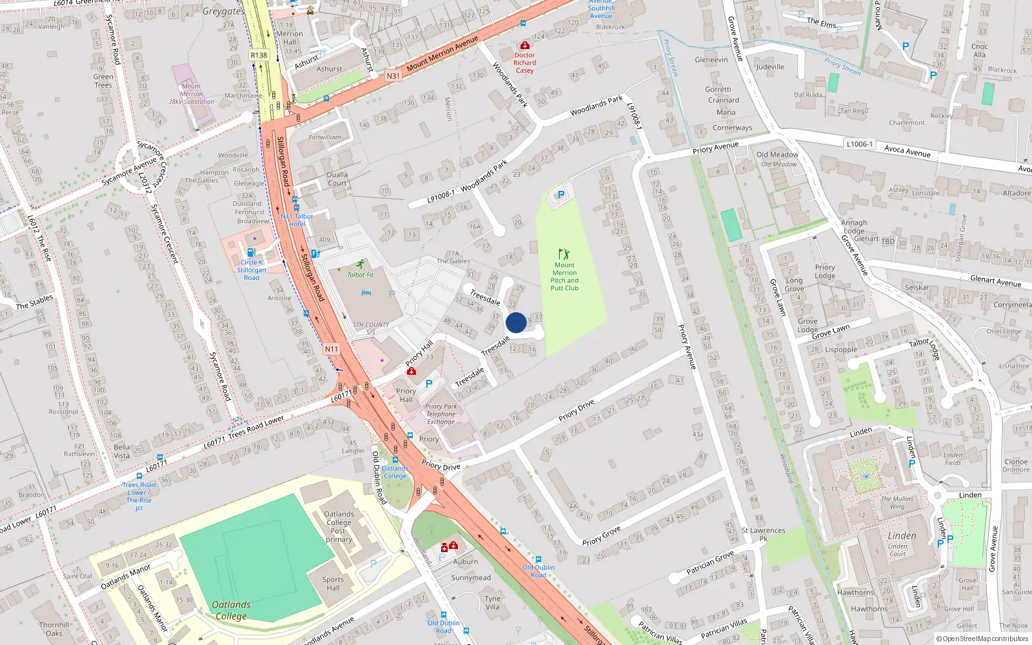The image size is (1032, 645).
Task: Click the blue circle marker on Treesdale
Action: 516,322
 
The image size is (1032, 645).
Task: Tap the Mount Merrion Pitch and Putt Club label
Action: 564,277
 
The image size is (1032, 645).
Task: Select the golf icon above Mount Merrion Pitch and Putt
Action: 564,254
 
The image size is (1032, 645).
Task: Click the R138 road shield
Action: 259,55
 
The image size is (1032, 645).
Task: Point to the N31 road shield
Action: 393,75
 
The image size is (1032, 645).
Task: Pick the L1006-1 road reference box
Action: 859,144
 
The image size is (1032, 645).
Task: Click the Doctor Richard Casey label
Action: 524,63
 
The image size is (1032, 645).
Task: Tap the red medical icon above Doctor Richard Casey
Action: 525,46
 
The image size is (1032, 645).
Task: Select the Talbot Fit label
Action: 360,275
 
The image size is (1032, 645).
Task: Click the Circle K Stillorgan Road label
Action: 252,270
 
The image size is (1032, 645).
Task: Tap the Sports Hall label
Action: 333,584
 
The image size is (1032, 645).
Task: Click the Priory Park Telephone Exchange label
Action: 441,414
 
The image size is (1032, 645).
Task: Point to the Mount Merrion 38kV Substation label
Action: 192,94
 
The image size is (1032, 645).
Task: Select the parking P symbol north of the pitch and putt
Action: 561,194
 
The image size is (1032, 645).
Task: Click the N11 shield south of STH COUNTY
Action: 331,349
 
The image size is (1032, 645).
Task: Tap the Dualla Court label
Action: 337,179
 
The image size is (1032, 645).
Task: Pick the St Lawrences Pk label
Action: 763,534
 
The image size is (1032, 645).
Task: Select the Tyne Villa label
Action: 492,602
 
